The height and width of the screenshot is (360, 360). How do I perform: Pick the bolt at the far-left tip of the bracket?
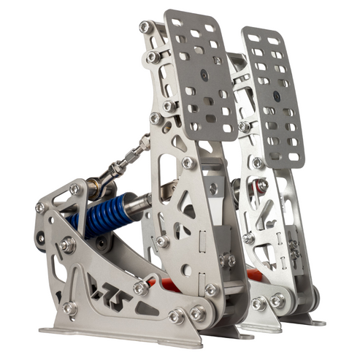pos(41,207)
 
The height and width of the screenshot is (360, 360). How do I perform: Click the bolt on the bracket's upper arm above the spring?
pos(75,189)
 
